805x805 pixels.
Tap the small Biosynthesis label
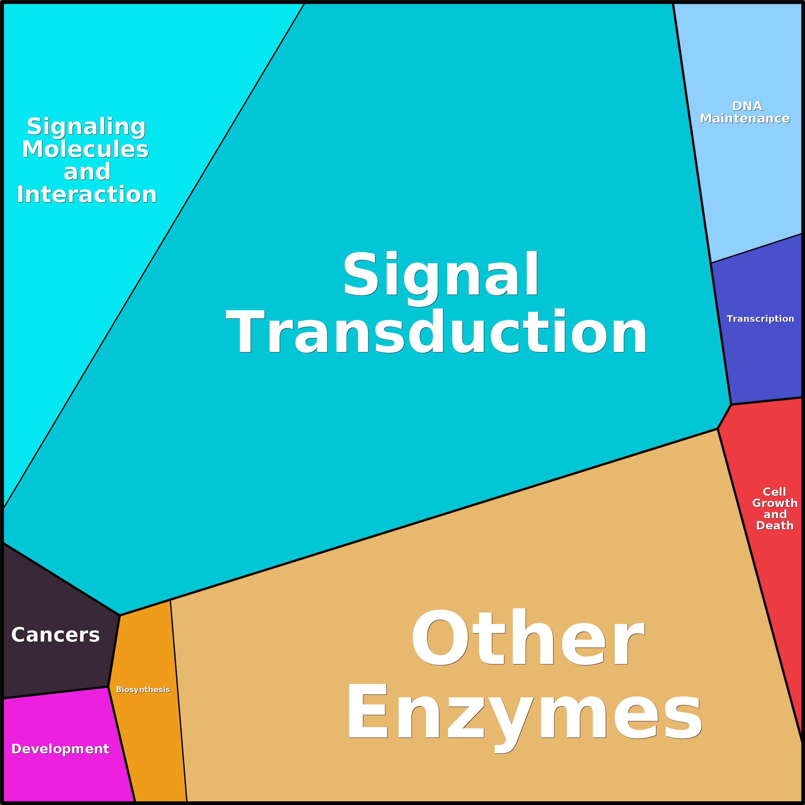click(x=143, y=690)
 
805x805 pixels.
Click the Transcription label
click(x=760, y=319)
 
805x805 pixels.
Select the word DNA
click(x=747, y=106)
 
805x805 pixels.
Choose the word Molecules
click(x=86, y=149)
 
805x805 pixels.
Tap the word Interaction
click(x=87, y=195)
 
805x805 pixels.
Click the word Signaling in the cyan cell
click(x=86, y=127)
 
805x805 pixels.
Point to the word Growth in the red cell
click(x=775, y=503)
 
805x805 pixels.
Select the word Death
click(x=775, y=526)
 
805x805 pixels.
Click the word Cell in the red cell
click(x=774, y=492)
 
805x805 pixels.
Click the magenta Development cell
click(x=62, y=771)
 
